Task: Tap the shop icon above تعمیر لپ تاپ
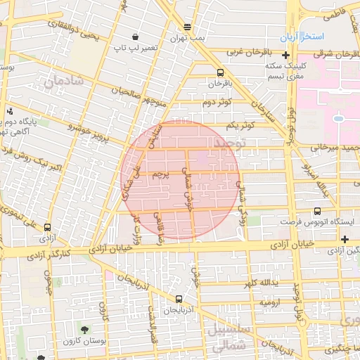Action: (135, 37)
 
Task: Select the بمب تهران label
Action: (187, 38)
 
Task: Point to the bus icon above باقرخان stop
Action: (221, 72)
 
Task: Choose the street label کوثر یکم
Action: (240, 124)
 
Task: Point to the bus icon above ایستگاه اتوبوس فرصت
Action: (317, 210)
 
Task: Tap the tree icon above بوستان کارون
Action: (84, 329)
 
